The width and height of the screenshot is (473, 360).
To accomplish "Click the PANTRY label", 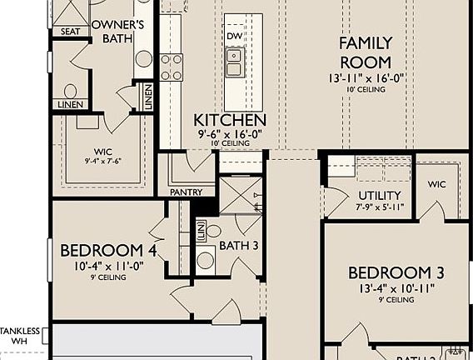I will pos(187,192).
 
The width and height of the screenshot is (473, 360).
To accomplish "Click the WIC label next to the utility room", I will pos(438,183).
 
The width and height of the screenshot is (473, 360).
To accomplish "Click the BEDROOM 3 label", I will pos(395,273).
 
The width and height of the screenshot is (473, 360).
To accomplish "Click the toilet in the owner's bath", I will pos(71,91).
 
